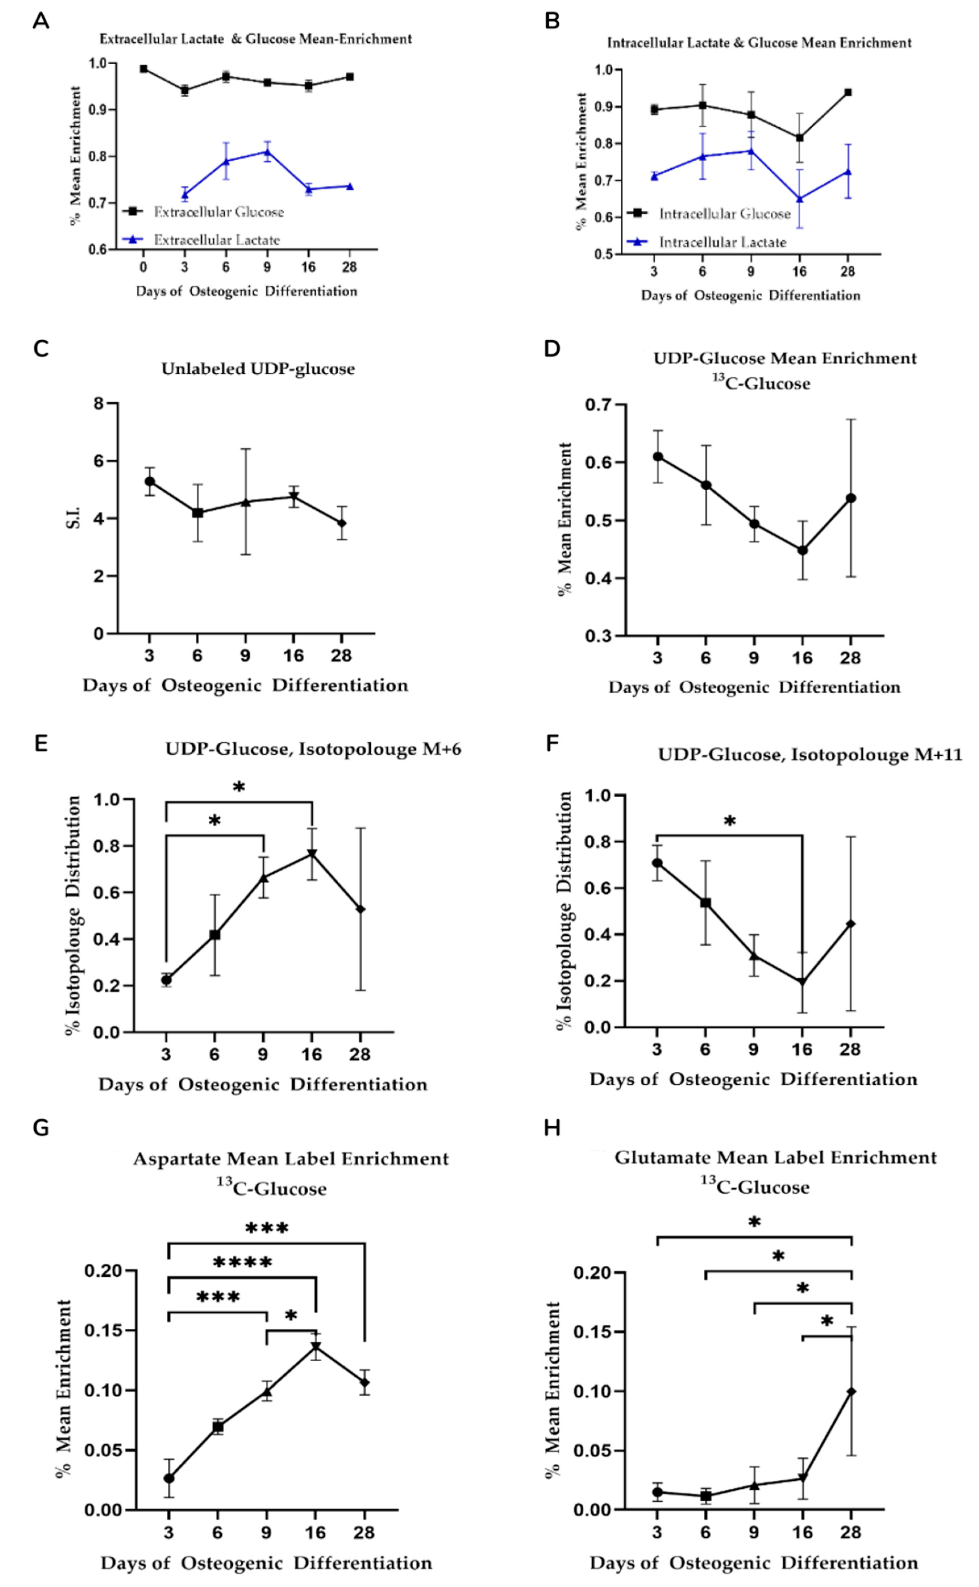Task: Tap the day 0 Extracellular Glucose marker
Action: (x=144, y=69)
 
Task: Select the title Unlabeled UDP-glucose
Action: (x=258, y=369)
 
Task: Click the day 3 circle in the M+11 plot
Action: (x=657, y=863)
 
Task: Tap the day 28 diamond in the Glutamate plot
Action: (x=851, y=1391)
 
